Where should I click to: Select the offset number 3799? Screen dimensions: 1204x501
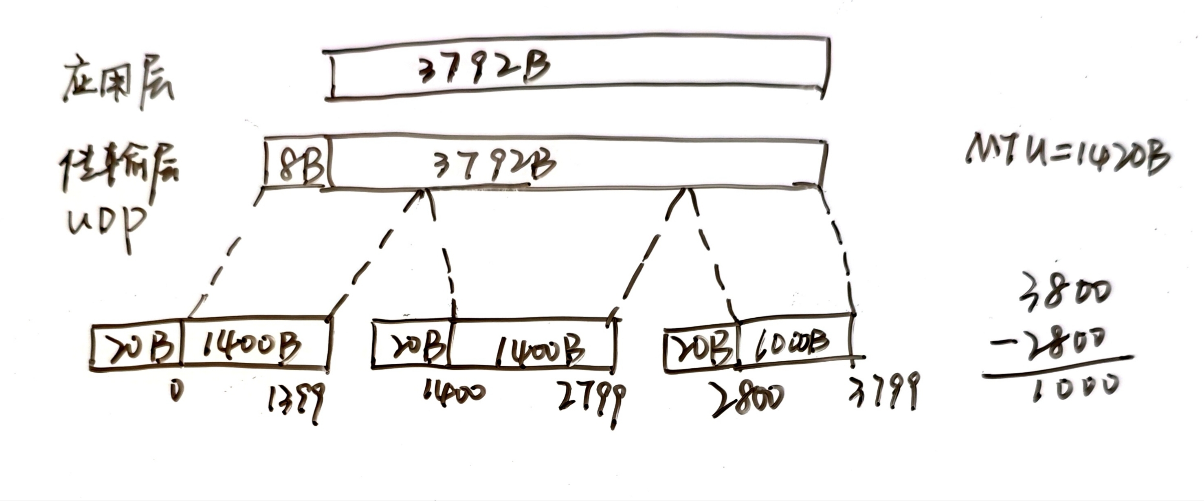pyautogui.click(x=883, y=395)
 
